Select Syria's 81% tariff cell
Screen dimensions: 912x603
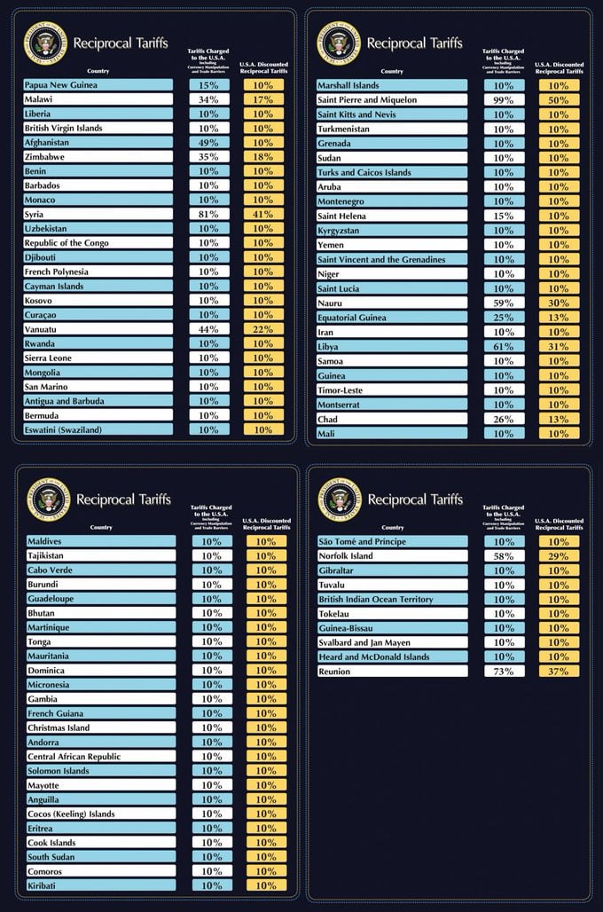point(209,215)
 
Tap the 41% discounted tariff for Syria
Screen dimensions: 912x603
point(262,215)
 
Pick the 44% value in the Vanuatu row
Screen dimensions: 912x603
point(209,329)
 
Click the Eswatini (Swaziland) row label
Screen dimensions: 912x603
point(63,430)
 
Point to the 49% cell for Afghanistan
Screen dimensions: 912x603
point(209,143)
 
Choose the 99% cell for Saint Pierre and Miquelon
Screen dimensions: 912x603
point(504,100)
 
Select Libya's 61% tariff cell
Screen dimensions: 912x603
point(504,347)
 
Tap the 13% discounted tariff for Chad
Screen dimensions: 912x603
point(559,420)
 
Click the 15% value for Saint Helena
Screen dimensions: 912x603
point(504,216)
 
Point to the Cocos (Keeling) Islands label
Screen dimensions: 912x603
point(71,814)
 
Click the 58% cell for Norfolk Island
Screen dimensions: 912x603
point(504,556)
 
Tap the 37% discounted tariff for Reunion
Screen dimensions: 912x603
point(559,672)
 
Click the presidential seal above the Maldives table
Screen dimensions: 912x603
point(47,499)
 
